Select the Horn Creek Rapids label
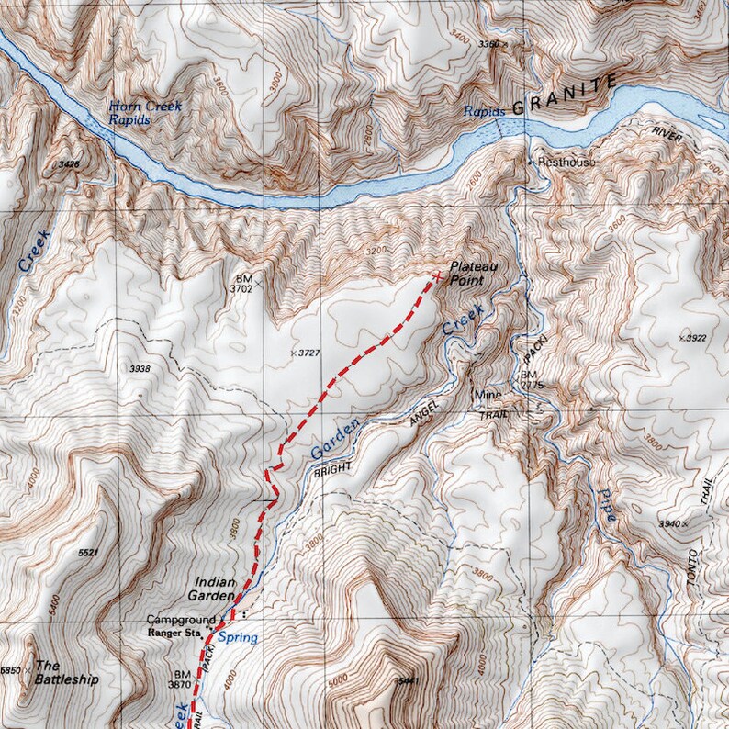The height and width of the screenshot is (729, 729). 144,112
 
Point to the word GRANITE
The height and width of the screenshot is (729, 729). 564,95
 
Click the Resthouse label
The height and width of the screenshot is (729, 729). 566,163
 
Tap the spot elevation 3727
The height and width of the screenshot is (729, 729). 308,353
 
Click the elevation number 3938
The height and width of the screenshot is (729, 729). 140,368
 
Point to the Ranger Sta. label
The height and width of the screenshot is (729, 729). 175,632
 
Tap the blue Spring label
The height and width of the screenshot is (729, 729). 238,637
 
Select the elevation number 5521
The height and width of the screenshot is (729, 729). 88,554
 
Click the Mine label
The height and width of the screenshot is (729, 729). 486,396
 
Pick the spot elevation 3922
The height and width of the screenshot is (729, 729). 696,338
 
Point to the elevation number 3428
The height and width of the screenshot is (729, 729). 68,163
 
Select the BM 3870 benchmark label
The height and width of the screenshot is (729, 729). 179,679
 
